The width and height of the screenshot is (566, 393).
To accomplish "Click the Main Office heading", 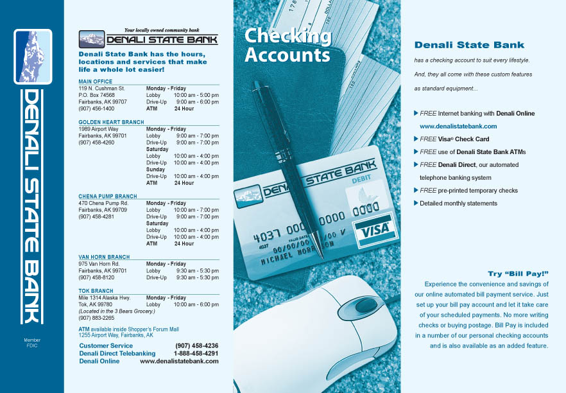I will tap(95, 82).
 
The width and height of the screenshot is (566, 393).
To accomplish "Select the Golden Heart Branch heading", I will tap(111, 122).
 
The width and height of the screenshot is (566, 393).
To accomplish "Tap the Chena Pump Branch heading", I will tap(107, 197).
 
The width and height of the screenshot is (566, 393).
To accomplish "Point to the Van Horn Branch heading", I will tap(104, 257).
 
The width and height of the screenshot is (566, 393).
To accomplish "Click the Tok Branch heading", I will tap(96, 290).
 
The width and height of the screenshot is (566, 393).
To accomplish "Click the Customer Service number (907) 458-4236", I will tap(196, 345).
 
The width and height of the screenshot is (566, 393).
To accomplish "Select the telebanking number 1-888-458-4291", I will tap(196, 353).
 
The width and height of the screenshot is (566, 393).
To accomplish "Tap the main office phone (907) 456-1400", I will tap(96, 109).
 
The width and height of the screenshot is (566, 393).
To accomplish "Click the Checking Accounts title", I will tap(287, 46).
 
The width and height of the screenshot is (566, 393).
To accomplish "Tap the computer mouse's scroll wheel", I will tap(350, 304).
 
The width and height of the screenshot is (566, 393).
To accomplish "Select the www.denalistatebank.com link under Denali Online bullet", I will tap(458, 127).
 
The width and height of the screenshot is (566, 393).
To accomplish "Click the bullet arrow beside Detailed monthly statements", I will tap(416, 203).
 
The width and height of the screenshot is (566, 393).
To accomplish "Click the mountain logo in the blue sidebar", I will tap(33, 57).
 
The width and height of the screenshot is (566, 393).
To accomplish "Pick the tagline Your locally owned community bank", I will tap(162, 30).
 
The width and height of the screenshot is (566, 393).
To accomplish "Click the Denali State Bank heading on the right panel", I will tap(469, 45).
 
